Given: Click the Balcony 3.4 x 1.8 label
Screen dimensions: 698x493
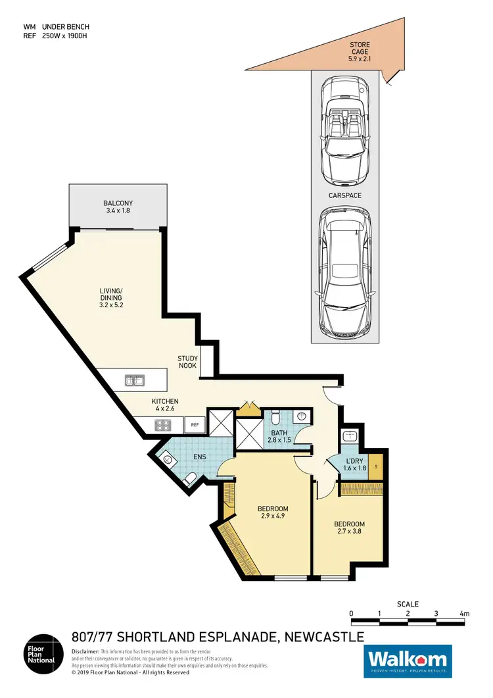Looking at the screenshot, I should pos(118,207).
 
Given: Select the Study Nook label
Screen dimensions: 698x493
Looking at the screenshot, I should pos(187,362).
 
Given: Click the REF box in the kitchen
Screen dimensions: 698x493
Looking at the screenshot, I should pos(195,426).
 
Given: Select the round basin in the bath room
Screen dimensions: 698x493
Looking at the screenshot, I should pos(301,416).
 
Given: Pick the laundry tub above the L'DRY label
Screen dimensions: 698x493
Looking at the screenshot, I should pos(350,436).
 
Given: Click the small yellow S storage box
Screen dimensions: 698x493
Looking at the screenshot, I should pos(375,467).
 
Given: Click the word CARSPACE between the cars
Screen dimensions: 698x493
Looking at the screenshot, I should pos(346,195).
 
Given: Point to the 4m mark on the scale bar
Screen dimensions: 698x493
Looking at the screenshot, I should pos(464,614).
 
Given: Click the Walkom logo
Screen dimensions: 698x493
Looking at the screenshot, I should pos(408,660).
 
